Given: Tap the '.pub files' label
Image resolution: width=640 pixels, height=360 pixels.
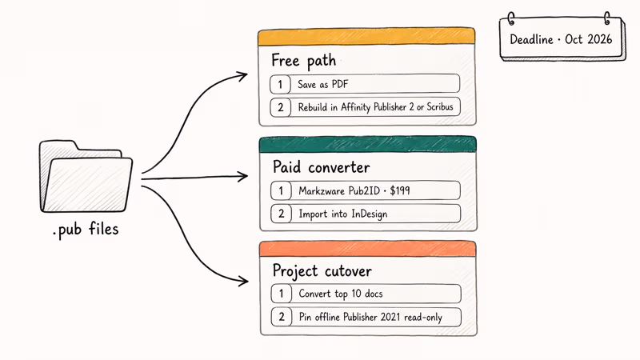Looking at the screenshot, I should (86, 230).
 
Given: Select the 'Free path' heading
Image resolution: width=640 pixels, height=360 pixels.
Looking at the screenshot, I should (303, 60).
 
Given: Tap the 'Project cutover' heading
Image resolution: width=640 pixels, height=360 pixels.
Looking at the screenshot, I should (324, 270).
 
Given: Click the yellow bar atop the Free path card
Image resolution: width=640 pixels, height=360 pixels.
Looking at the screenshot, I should (367, 37).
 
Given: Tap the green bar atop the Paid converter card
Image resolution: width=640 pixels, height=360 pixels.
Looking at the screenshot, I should (367, 144).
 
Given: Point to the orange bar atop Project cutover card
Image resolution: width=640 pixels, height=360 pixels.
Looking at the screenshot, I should (367, 249).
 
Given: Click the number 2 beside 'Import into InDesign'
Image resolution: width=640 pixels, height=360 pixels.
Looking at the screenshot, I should (281, 214).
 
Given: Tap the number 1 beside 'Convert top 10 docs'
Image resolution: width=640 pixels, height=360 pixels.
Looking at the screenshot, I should (281, 294).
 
